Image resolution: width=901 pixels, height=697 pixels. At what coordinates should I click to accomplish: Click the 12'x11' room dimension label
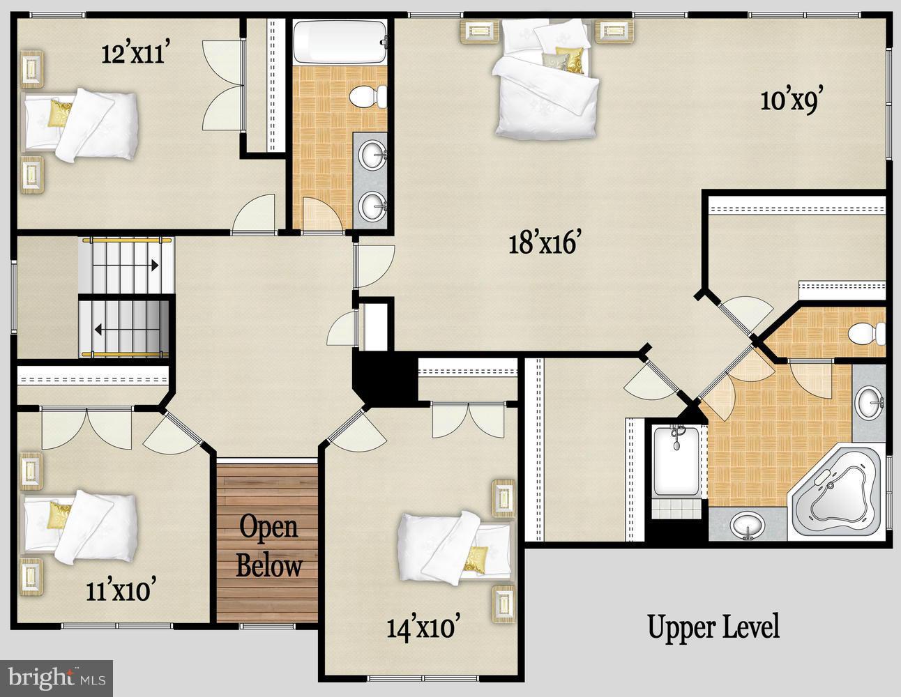133,54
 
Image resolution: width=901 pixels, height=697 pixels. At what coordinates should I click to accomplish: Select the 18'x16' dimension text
543,243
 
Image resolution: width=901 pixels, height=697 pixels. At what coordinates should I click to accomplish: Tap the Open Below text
268,546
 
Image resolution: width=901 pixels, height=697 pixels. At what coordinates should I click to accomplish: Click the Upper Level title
713,627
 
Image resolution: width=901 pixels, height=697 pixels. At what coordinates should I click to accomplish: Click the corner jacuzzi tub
837,492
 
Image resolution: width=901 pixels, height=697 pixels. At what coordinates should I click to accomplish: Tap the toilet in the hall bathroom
368,96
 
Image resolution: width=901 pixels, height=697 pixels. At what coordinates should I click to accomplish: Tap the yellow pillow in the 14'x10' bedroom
475,559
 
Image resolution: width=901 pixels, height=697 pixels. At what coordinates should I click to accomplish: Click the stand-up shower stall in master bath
676,461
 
